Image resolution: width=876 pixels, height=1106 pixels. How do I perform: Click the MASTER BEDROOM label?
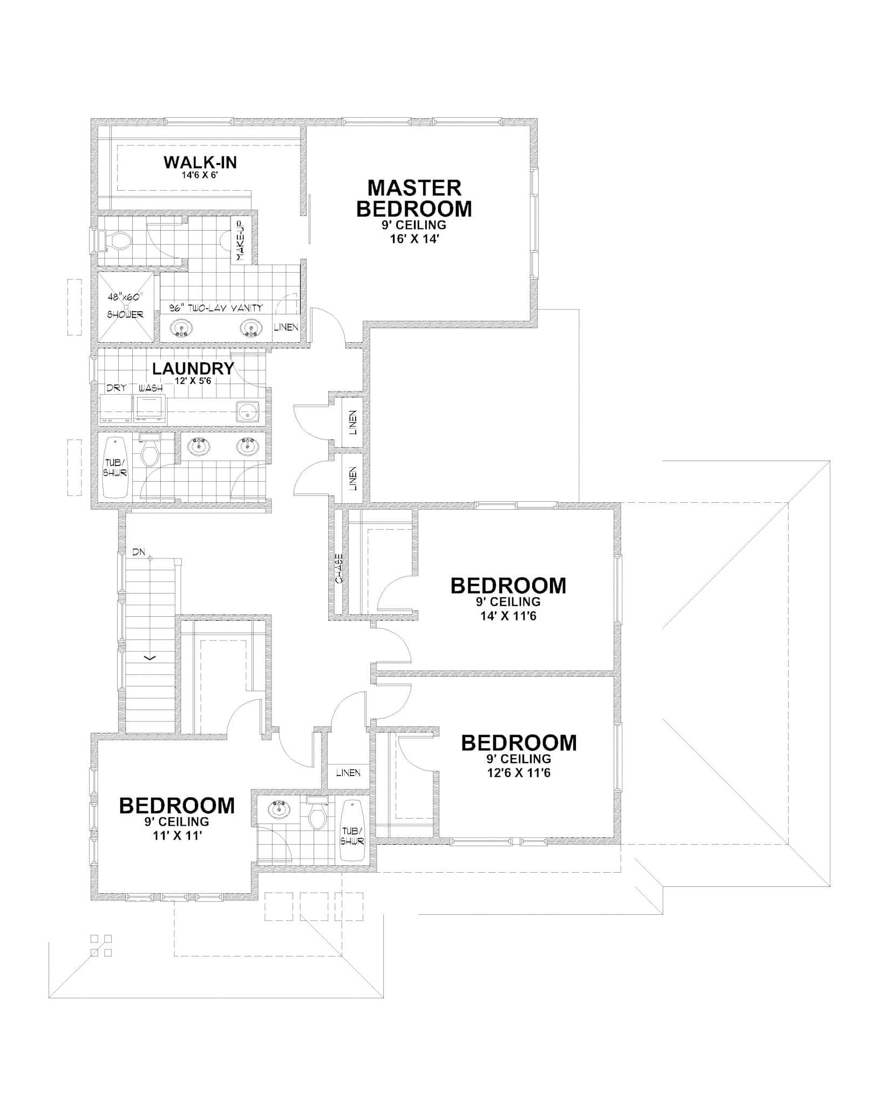[414, 198]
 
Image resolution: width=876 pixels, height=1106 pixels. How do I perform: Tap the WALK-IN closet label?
[200, 162]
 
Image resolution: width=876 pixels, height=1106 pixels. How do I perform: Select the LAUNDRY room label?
[193, 369]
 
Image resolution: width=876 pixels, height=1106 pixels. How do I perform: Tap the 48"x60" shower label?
[125, 296]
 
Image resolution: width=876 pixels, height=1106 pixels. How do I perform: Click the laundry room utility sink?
[248, 412]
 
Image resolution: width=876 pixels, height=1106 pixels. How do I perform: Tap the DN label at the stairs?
[138, 552]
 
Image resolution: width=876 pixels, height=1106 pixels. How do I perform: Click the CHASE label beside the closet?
[339, 569]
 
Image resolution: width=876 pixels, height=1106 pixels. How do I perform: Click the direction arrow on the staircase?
[150, 657]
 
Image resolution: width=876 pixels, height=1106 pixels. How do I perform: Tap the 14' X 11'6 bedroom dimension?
[508, 616]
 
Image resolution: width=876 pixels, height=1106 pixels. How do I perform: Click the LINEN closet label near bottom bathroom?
[348, 773]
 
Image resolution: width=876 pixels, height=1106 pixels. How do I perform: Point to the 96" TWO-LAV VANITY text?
[216, 308]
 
